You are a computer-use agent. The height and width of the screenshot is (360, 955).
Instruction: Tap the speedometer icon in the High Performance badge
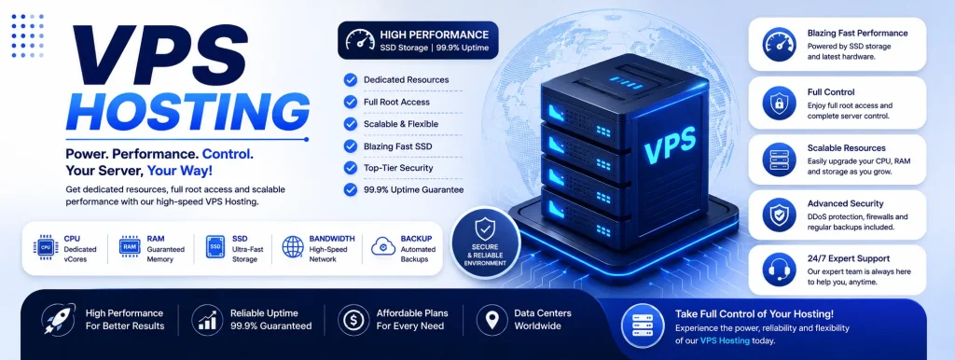tap(360, 40)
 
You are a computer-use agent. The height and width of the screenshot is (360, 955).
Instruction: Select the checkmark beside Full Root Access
tap(351, 102)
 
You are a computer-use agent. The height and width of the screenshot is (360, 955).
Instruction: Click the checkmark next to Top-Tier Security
tap(351, 168)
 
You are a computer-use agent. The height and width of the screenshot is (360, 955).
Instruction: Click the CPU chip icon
tap(45, 247)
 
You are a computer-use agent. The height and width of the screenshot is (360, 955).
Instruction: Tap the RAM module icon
tap(130, 247)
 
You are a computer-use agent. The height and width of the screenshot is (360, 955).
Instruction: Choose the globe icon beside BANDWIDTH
tap(292, 247)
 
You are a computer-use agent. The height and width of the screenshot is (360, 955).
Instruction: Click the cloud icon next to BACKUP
tap(383, 246)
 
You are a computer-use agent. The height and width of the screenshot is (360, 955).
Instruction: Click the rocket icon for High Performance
tap(59, 319)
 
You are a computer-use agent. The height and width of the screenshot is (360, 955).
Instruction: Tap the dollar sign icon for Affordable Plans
tap(353, 319)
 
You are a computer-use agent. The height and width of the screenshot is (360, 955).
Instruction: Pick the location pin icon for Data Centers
tap(492, 319)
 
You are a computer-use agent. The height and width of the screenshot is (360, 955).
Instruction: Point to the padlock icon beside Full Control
tap(779, 104)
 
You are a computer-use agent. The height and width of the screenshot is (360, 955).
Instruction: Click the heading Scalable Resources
tap(847, 148)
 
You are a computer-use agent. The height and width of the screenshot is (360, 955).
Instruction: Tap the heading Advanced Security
tap(845, 203)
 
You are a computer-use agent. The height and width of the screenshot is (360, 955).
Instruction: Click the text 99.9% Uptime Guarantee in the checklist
tap(413, 189)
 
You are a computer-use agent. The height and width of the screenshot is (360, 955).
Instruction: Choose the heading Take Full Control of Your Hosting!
tap(754, 314)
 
